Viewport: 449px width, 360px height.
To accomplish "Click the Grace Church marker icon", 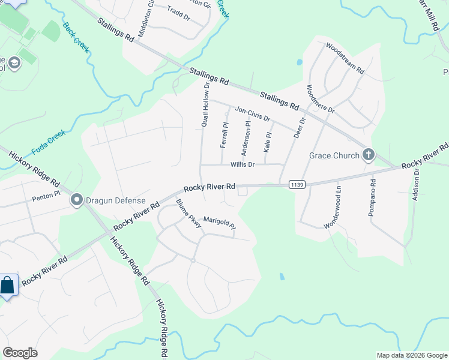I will (368, 155).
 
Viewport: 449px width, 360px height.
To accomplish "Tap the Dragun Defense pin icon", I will (76, 200).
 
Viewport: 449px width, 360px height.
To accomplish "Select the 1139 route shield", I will (296, 184).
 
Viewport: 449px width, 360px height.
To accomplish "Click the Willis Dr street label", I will (243, 164).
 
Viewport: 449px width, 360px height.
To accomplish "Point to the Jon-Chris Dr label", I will (253, 113).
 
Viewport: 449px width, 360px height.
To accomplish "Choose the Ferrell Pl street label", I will (224, 135).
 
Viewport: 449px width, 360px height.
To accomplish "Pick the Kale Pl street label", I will (268, 142).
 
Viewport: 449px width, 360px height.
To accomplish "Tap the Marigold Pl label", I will (219, 222).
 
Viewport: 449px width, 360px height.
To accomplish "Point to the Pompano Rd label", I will (372, 198).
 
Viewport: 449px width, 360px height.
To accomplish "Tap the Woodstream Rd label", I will (345, 58).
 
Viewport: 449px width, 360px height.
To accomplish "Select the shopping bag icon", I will (7, 285).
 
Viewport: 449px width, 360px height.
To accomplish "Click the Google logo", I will (20, 353).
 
